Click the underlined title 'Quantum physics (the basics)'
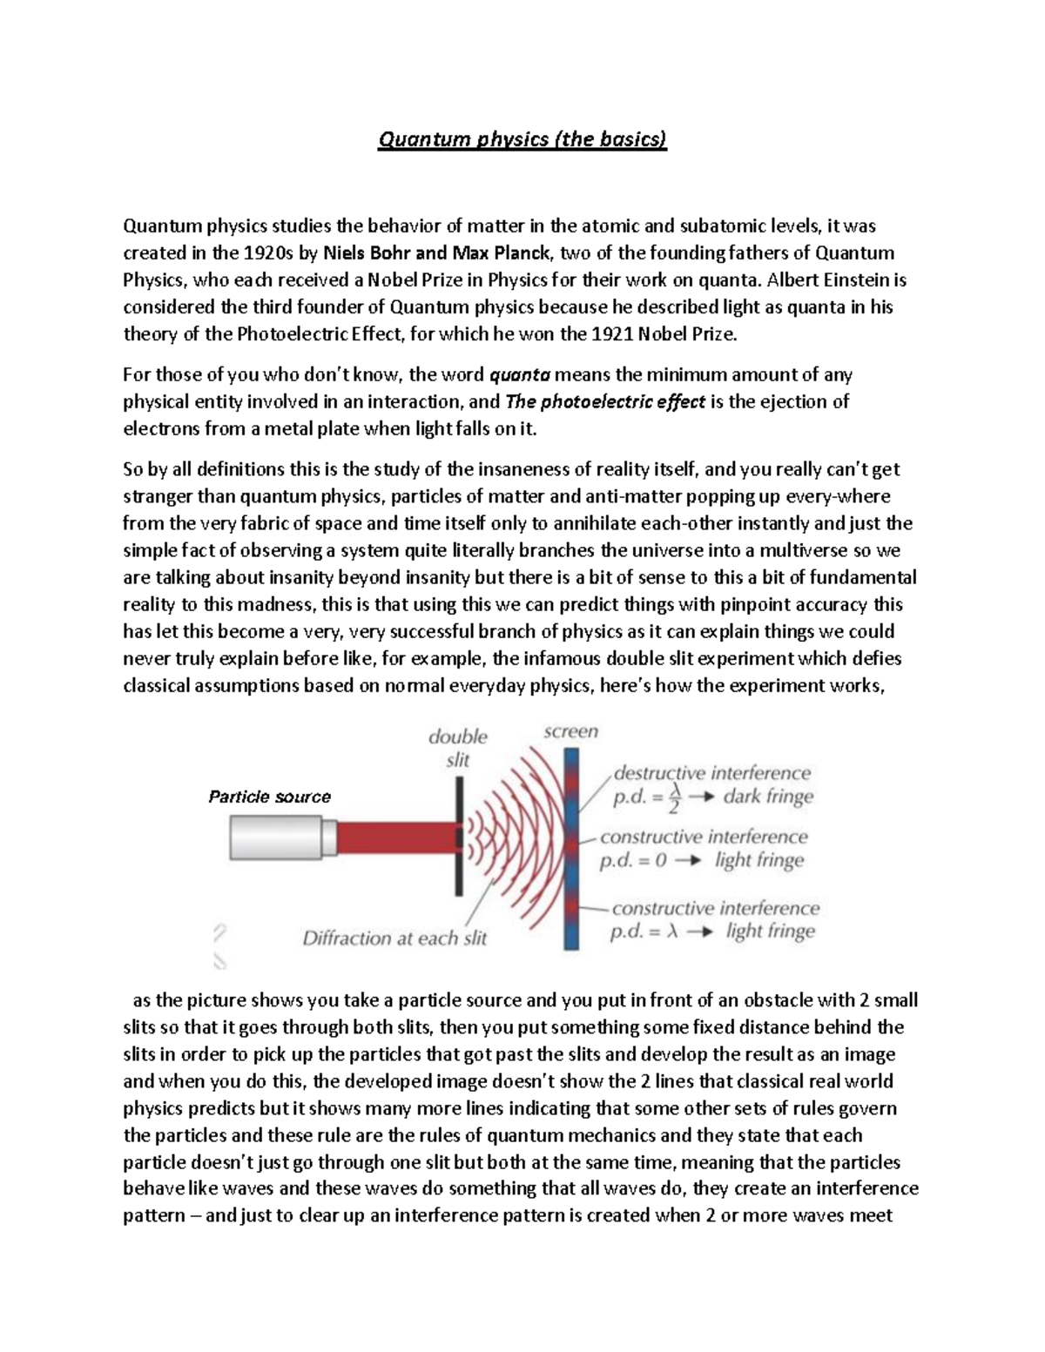(x=522, y=139)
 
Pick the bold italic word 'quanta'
(x=520, y=375)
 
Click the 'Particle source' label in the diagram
(x=270, y=797)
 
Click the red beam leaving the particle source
(x=396, y=837)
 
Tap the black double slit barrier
(x=458, y=836)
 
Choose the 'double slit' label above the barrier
(x=457, y=748)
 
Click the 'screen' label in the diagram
(x=570, y=731)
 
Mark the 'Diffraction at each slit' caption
(x=394, y=938)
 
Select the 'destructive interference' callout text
(x=711, y=773)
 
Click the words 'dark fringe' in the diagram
(x=768, y=797)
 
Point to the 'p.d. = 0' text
(x=632, y=860)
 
